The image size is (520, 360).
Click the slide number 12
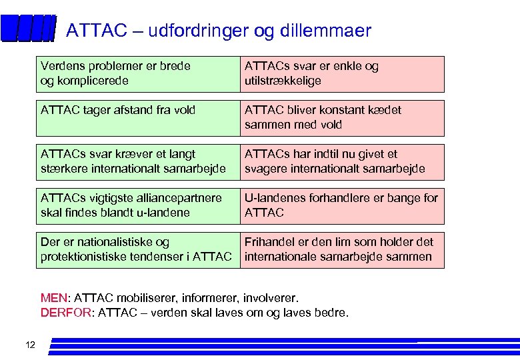(30, 345)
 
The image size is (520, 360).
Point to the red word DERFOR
(66, 313)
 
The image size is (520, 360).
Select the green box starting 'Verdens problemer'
(137, 74)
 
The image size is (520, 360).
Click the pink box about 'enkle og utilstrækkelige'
(341, 74)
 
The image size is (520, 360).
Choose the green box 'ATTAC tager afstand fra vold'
(137, 118)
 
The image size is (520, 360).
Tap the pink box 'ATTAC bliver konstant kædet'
(341, 118)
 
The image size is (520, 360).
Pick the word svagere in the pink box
(266, 169)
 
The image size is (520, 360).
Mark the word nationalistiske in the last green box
(111, 242)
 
